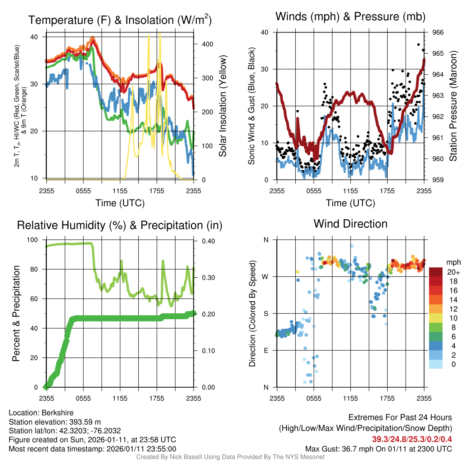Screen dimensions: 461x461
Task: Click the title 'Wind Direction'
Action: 350,224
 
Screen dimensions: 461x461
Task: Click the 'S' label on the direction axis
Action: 266,313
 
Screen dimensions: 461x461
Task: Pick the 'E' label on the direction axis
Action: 266,350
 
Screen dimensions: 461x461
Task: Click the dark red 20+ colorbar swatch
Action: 437,272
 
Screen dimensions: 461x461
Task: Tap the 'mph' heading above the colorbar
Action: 452,262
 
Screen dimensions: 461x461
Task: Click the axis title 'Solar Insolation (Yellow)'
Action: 223,106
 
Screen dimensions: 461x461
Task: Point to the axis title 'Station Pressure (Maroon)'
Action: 453,106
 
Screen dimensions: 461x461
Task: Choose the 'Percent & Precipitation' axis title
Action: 16,313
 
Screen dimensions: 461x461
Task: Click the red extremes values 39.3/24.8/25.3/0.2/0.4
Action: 412,439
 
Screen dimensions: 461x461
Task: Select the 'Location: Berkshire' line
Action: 41,413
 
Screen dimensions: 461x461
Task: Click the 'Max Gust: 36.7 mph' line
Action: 379,448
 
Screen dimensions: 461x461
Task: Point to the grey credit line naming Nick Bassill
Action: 230,457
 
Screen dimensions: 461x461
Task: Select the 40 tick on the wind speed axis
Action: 265,32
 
